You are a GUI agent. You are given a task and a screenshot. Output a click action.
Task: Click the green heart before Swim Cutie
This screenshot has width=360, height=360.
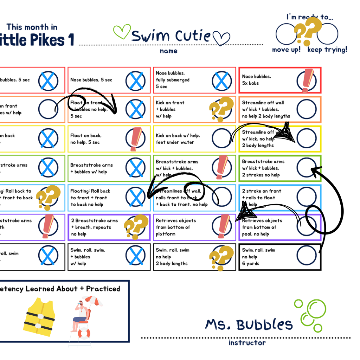122,32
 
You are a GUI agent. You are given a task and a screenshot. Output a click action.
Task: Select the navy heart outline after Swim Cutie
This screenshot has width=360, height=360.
221,38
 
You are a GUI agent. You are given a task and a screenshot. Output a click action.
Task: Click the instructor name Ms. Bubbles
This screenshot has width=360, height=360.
249,324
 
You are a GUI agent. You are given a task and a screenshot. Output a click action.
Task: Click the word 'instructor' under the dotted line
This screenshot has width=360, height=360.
247,342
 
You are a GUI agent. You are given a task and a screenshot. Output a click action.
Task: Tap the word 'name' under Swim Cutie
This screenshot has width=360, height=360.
169,51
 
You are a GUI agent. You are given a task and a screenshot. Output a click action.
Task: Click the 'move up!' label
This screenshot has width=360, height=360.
286,50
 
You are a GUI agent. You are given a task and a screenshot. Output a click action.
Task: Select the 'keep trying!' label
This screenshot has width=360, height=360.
327,50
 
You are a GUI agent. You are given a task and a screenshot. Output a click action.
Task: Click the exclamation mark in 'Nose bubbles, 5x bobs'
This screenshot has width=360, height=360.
307,81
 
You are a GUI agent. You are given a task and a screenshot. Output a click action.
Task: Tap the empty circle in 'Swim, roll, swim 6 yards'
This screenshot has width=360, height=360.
306,255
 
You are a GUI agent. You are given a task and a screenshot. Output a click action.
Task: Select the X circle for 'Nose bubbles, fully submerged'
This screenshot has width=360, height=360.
222,81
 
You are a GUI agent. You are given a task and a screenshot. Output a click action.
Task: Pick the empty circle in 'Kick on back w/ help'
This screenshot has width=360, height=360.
222,138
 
